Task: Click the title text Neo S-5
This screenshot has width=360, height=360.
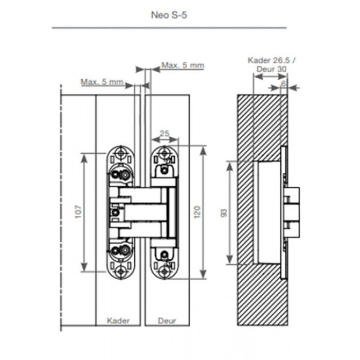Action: pos(169,15)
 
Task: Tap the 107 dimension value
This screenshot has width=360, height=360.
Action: pos(79,212)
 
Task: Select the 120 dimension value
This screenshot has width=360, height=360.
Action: pos(197,212)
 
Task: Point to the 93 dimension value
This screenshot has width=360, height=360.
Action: pos(224,213)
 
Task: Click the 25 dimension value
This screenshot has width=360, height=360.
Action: pos(165,133)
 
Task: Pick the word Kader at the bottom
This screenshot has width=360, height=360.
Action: pos(118,320)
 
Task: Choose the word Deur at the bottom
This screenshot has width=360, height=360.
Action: pos(167,320)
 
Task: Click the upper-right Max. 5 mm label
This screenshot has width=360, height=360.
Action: pos(183,65)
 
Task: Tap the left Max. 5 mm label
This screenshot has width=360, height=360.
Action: pos(102,82)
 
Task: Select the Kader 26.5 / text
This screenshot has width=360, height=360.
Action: pos(272,60)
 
